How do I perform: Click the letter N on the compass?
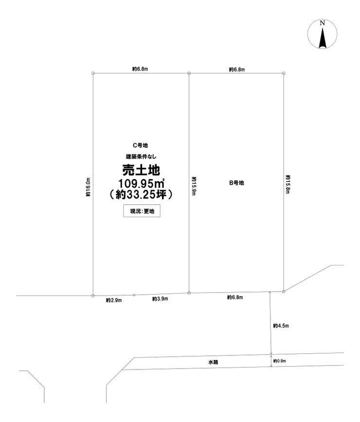coord(323,23)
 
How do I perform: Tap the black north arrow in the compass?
coord(323,38)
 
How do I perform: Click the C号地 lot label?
coord(141,145)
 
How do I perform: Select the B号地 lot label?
coord(236,183)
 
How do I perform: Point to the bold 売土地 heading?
coord(141,170)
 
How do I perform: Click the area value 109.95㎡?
coord(142,184)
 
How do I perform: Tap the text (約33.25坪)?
coord(141,194)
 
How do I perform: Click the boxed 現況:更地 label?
coord(142,211)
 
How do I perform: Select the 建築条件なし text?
coord(141,157)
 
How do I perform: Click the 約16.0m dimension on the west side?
coord(88,187)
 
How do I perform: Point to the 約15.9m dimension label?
coord(194,186)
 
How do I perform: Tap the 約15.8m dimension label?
coord(288,185)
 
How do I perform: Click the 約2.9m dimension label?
coord(114,300)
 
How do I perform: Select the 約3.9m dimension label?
coord(160,299)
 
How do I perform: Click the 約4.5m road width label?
coord(281,326)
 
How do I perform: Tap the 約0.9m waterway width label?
coord(280,361)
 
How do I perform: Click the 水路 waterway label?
coord(213,362)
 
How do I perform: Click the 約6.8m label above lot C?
coord(140,69)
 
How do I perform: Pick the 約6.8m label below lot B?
coord(235,298)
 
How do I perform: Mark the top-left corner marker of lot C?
coord(93,73)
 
